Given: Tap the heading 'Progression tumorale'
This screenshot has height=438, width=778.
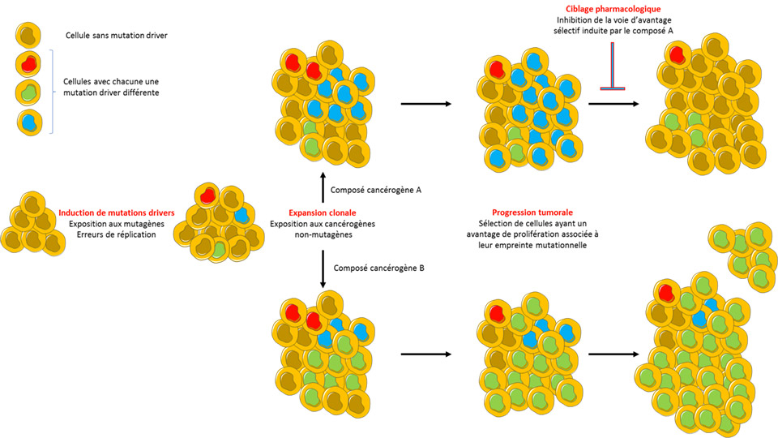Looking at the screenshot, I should pyautogui.click(x=528, y=213).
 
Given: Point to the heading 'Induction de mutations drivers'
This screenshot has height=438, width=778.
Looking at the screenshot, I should pyautogui.click(x=111, y=213).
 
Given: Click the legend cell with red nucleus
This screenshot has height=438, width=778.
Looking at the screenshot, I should pyautogui.click(x=29, y=63).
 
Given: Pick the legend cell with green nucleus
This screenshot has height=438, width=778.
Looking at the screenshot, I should pyautogui.click(x=29, y=92).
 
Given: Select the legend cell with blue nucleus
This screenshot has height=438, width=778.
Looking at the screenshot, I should pyautogui.click(x=29, y=122).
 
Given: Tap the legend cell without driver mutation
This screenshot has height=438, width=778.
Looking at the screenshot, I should pyautogui.click(x=29, y=35).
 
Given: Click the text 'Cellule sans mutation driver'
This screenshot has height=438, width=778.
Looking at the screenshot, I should pyautogui.click(x=117, y=36).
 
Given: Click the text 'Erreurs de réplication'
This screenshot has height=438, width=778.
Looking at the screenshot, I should pyautogui.click(x=112, y=234).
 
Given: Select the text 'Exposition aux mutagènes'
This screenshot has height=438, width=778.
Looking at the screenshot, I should pyautogui.click(x=112, y=224).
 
